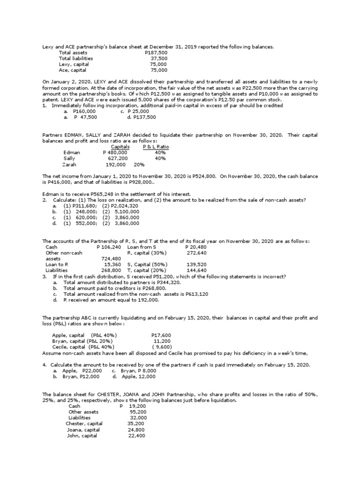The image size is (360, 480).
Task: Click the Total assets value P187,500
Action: point(156,53)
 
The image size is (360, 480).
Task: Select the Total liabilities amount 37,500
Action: point(159,59)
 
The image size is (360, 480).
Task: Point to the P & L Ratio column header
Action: point(156,147)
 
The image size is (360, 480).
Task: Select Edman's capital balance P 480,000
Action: point(115,153)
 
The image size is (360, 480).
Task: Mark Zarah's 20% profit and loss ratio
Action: point(139,165)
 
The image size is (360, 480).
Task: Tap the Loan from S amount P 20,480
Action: point(196,247)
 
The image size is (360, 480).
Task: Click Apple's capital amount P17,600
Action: point(161,335)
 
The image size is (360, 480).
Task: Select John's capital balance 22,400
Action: point(137,435)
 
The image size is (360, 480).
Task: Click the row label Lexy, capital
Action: point(74,64)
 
